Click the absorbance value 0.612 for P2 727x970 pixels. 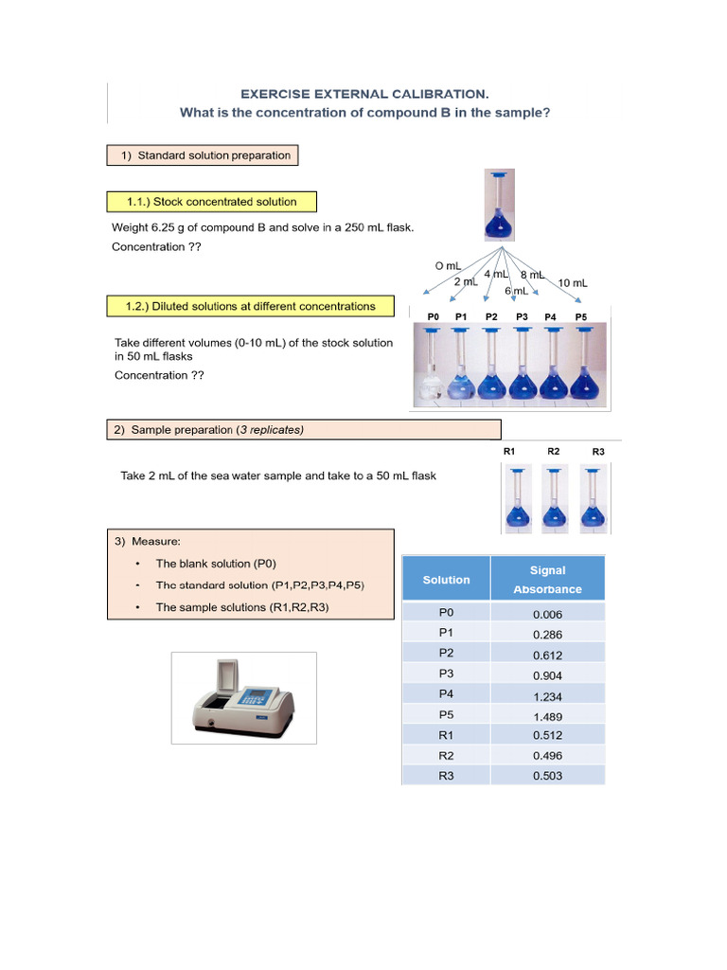(x=547, y=656)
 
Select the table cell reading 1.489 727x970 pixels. (x=547, y=716)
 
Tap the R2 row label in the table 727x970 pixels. (x=446, y=756)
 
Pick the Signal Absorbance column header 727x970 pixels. (x=547, y=580)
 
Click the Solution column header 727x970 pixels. (x=446, y=580)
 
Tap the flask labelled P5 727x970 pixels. (x=581, y=366)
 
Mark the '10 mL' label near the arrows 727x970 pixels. (x=573, y=283)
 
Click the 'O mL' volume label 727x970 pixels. (x=448, y=267)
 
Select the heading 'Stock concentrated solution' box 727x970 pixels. (x=212, y=202)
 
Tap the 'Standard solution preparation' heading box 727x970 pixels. (x=203, y=155)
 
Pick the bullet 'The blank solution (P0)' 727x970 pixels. (x=216, y=564)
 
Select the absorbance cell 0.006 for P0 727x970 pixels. (x=547, y=614)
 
